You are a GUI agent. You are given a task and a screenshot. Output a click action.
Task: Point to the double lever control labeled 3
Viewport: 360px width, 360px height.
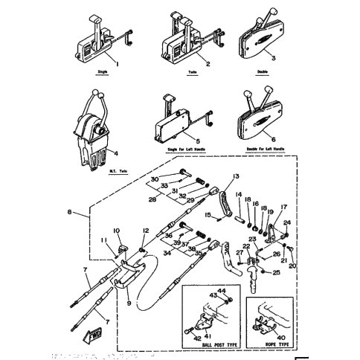pos(261,33)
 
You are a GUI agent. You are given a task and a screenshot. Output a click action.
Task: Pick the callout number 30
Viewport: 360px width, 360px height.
pos(155,179)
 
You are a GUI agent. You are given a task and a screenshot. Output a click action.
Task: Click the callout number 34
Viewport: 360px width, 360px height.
pos(166,252)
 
